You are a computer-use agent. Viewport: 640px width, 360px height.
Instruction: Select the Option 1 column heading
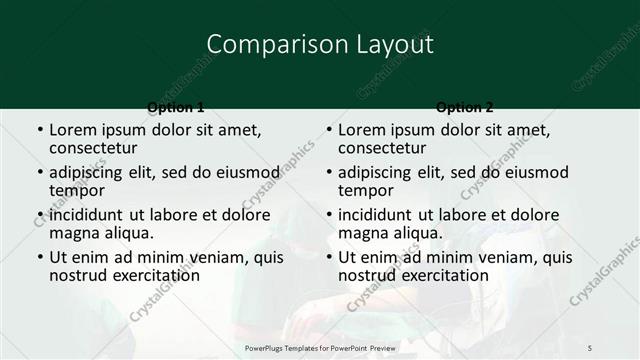click(175, 107)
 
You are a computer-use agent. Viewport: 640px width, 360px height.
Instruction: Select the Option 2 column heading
click(465, 107)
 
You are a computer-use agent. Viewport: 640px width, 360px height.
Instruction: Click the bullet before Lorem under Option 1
click(38, 130)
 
